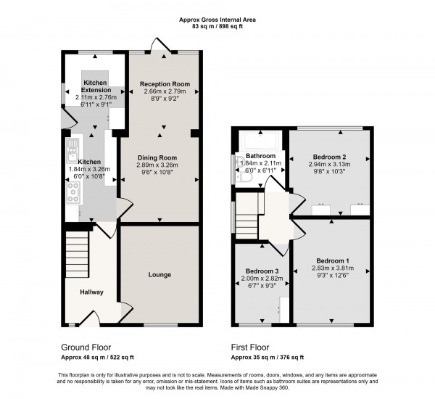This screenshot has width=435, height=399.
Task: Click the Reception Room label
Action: (165, 84)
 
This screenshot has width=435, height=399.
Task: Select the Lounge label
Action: (159, 275)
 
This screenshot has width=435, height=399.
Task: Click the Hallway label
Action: (92, 292)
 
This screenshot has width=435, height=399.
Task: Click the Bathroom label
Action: (260, 156)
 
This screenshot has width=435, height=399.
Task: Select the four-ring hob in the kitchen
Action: (73, 191)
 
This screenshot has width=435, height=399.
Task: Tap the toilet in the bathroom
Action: (244, 176)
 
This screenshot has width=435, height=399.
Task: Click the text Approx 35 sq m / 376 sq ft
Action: (267, 357)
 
